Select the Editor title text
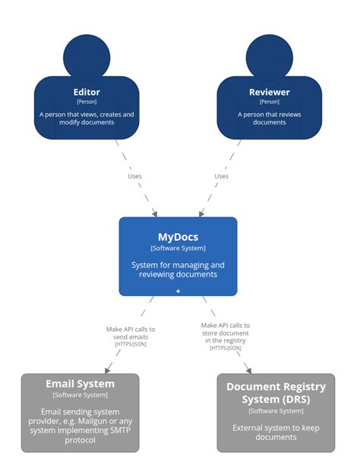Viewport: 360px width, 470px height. (x=87, y=93)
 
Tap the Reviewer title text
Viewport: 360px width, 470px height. (x=269, y=93)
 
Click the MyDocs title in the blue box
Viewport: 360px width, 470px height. (x=178, y=237)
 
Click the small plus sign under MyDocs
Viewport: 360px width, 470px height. (x=178, y=291)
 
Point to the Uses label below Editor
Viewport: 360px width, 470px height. (x=134, y=176)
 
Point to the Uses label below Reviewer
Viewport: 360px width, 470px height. (x=221, y=176)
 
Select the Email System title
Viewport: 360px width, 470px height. (x=80, y=383)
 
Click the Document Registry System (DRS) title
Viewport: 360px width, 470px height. (x=276, y=393)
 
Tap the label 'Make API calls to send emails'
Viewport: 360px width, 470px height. (x=131, y=333)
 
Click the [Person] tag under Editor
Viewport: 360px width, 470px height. (x=87, y=102)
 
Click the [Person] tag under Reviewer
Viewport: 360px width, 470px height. (x=269, y=102)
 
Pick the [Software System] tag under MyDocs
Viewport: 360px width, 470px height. (x=178, y=248)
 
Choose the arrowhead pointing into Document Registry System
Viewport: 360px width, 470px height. (x=248, y=369)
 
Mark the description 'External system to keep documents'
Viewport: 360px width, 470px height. (x=276, y=432)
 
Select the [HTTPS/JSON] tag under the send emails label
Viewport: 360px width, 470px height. (x=131, y=345)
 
